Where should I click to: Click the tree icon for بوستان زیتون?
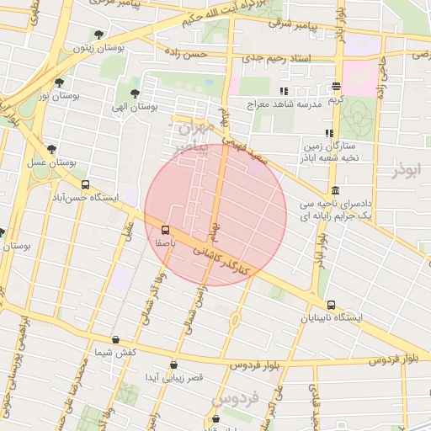pyautogui.click(x=100, y=35)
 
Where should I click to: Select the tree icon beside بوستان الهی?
pyautogui.click(x=135, y=93)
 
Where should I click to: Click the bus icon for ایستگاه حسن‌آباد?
pyautogui.click(x=84, y=184)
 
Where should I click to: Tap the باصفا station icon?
pyautogui.click(x=165, y=229)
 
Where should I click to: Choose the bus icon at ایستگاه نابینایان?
pyautogui.click(x=330, y=305)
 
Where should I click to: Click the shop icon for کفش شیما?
pyautogui.click(x=116, y=340)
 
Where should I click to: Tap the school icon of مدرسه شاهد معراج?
pyautogui.click(x=284, y=90)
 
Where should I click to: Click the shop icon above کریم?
pyautogui.click(x=337, y=87)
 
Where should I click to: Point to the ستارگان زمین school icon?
pyautogui.click(x=329, y=133)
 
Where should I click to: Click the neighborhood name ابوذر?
pyautogui.click(x=404, y=170)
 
